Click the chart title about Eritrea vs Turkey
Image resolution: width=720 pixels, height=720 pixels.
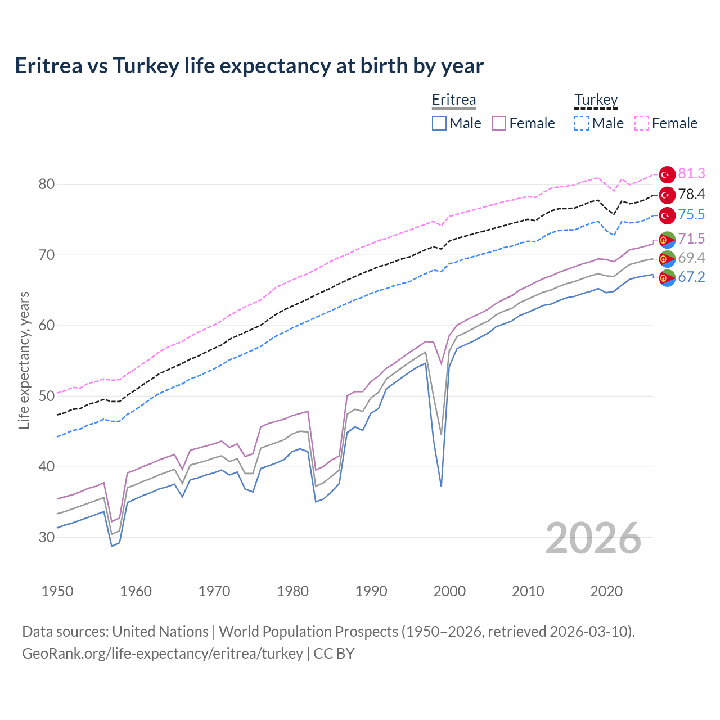[249, 66]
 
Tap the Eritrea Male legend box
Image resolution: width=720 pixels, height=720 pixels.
[439, 123]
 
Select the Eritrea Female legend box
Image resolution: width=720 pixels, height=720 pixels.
[499, 123]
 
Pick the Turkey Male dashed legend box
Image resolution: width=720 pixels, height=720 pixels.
[582, 123]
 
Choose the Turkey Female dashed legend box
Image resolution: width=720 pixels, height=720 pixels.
[642, 123]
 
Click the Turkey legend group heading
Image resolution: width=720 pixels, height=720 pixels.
[596, 100]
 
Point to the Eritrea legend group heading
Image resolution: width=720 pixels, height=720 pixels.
[454, 100]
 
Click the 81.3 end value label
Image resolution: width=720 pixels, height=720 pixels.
[691, 174]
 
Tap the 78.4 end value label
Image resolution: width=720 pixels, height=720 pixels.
[691, 195]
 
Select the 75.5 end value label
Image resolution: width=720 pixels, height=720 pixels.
[691, 215]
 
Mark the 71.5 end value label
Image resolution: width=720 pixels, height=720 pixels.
[691, 239]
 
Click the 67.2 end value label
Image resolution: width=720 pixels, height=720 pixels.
[691, 277]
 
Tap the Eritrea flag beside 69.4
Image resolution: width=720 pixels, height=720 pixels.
[667, 259]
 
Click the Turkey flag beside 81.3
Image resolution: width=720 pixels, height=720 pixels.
[667, 174]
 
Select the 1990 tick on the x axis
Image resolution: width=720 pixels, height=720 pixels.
[371, 591]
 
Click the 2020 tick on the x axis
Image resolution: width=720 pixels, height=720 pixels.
[606, 591]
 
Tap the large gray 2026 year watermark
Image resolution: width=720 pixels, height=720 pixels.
[593, 538]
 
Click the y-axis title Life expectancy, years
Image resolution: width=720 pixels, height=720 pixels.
[24, 360]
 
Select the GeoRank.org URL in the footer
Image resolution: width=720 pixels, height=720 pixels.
[163, 654]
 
